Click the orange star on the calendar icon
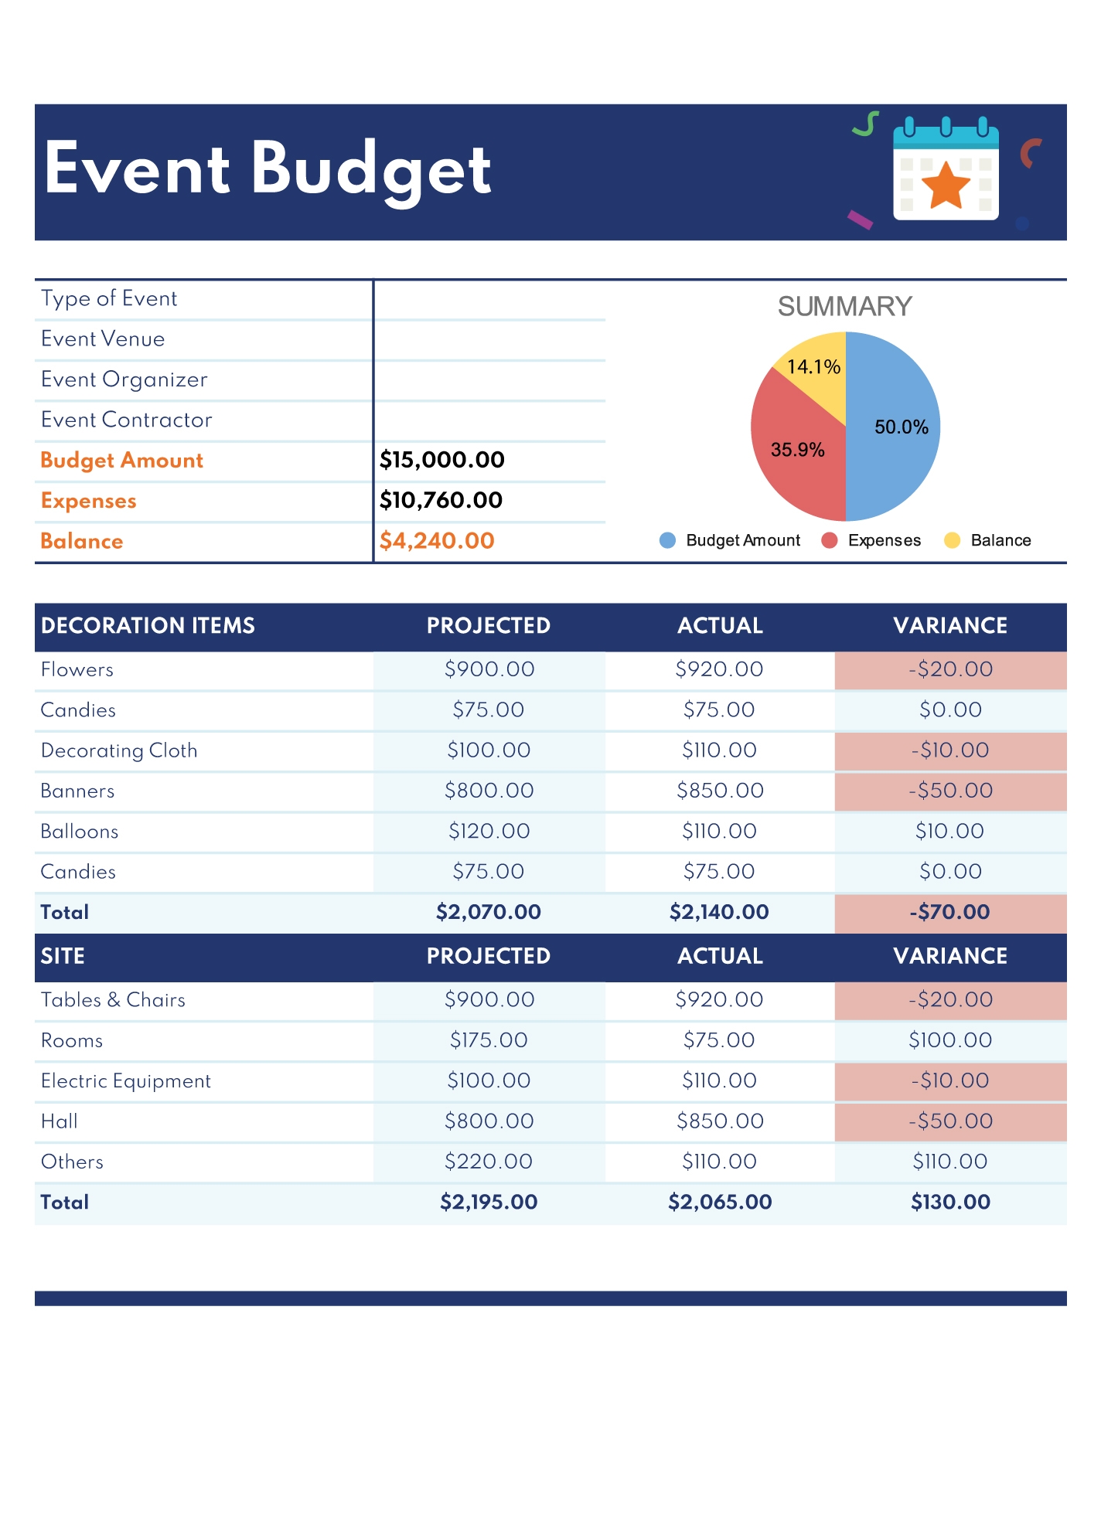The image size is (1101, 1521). click(946, 186)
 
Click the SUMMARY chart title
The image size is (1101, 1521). click(844, 307)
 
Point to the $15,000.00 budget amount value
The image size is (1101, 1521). click(441, 460)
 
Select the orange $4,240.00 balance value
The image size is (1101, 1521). click(437, 541)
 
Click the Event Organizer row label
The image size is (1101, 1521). click(124, 379)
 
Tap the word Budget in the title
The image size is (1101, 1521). click(370, 169)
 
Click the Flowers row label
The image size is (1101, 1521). click(77, 669)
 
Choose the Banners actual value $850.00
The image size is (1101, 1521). click(720, 791)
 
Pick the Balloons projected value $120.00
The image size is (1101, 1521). click(489, 831)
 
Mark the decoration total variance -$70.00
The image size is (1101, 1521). click(949, 912)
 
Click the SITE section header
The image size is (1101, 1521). click(63, 956)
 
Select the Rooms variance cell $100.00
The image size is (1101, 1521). click(949, 1040)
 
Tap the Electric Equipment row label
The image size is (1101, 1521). click(126, 1080)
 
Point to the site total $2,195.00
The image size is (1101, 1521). click(489, 1202)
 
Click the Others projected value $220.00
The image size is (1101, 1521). click(489, 1162)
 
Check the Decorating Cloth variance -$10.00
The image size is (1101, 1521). click(949, 750)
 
